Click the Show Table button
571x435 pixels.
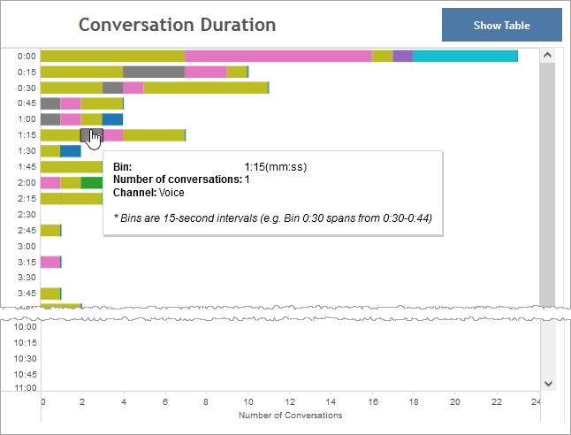pos(501,26)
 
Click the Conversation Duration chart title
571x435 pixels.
pos(177,25)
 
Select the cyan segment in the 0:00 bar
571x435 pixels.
pos(465,57)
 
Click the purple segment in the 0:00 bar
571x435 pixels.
pos(402,57)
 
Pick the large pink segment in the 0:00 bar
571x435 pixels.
pos(278,57)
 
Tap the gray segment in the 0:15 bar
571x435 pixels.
pos(153,72)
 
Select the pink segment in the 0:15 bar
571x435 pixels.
pos(205,72)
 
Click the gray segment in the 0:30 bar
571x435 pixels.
pos(112,88)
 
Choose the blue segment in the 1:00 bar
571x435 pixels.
pos(112,119)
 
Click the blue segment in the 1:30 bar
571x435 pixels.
pos(71,151)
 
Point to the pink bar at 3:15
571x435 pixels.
pos(50,263)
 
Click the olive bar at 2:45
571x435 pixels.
pos(50,231)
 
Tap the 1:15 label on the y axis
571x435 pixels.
pos(27,135)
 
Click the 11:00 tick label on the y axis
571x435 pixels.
pos(26,388)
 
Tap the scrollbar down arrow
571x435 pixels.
pos(547,383)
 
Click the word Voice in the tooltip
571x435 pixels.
pos(171,193)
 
